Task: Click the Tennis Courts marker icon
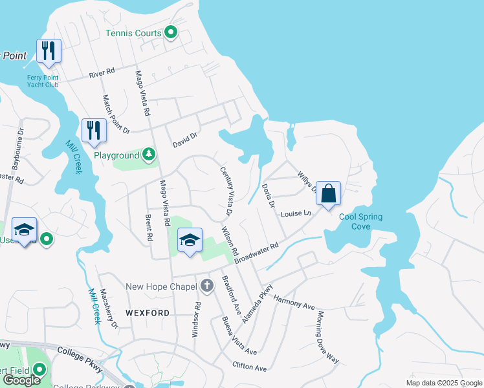click(x=171, y=32)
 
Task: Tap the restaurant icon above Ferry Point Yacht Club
click(x=48, y=50)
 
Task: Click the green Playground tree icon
click(x=149, y=155)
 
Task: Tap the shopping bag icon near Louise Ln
click(x=328, y=193)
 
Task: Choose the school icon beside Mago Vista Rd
click(x=190, y=240)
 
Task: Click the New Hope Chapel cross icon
click(x=207, y=285)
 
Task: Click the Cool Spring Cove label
click(x=360, y=222)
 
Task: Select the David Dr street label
click(x=184, y=137)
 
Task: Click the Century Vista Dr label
click(x=225, y=191)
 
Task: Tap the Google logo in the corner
click(x=21, y=380)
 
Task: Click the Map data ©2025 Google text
click(x=443, y=383)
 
